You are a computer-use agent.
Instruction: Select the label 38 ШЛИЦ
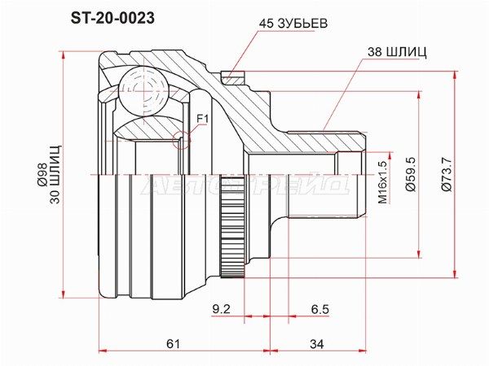(x=397, y=51)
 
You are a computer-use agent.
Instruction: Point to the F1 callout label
(x=204, y=120)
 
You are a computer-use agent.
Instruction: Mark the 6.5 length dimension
(x=319, y=309)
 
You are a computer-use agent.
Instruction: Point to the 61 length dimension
(x=172, y=344)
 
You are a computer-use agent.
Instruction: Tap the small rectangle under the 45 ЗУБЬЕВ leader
(x=232, y=78)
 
